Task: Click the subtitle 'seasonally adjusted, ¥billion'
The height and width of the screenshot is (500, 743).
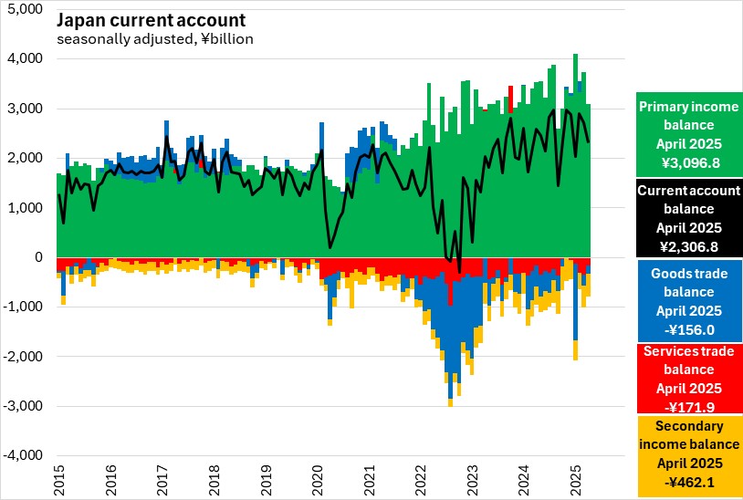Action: click(155, 39)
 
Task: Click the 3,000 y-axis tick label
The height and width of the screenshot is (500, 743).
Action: click(26, 109)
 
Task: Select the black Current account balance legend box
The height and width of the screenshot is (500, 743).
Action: click(688, 218)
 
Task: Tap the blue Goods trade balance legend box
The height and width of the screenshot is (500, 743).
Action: click(688, 301)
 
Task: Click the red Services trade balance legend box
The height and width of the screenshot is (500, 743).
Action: click(688, 377)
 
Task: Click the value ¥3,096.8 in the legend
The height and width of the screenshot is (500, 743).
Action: click(688, 162)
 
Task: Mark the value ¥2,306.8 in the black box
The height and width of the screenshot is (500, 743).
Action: click(688, 246)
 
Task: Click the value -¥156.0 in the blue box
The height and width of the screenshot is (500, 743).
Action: click(688, 330)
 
